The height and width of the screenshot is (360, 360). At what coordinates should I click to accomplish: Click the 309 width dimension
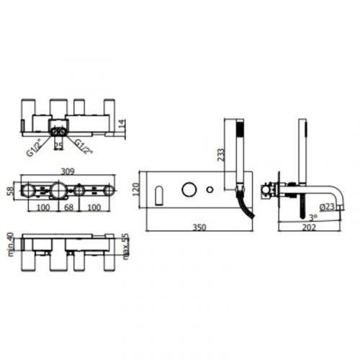point(68,171)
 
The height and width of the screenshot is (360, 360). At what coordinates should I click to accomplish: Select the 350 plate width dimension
point(199,227)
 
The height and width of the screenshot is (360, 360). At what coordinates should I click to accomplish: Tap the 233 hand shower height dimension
point(221,155)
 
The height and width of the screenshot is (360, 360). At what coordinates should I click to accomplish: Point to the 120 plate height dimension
point(136,189)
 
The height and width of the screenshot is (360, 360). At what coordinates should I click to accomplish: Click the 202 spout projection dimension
point(309,227)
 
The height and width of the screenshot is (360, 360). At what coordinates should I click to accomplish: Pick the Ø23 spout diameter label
point(327,207)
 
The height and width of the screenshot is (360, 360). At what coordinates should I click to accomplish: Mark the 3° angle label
point(313,217)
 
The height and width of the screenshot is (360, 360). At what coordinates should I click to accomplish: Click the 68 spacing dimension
point(68,207)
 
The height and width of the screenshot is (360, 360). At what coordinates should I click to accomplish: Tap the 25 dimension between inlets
point(59,145)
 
